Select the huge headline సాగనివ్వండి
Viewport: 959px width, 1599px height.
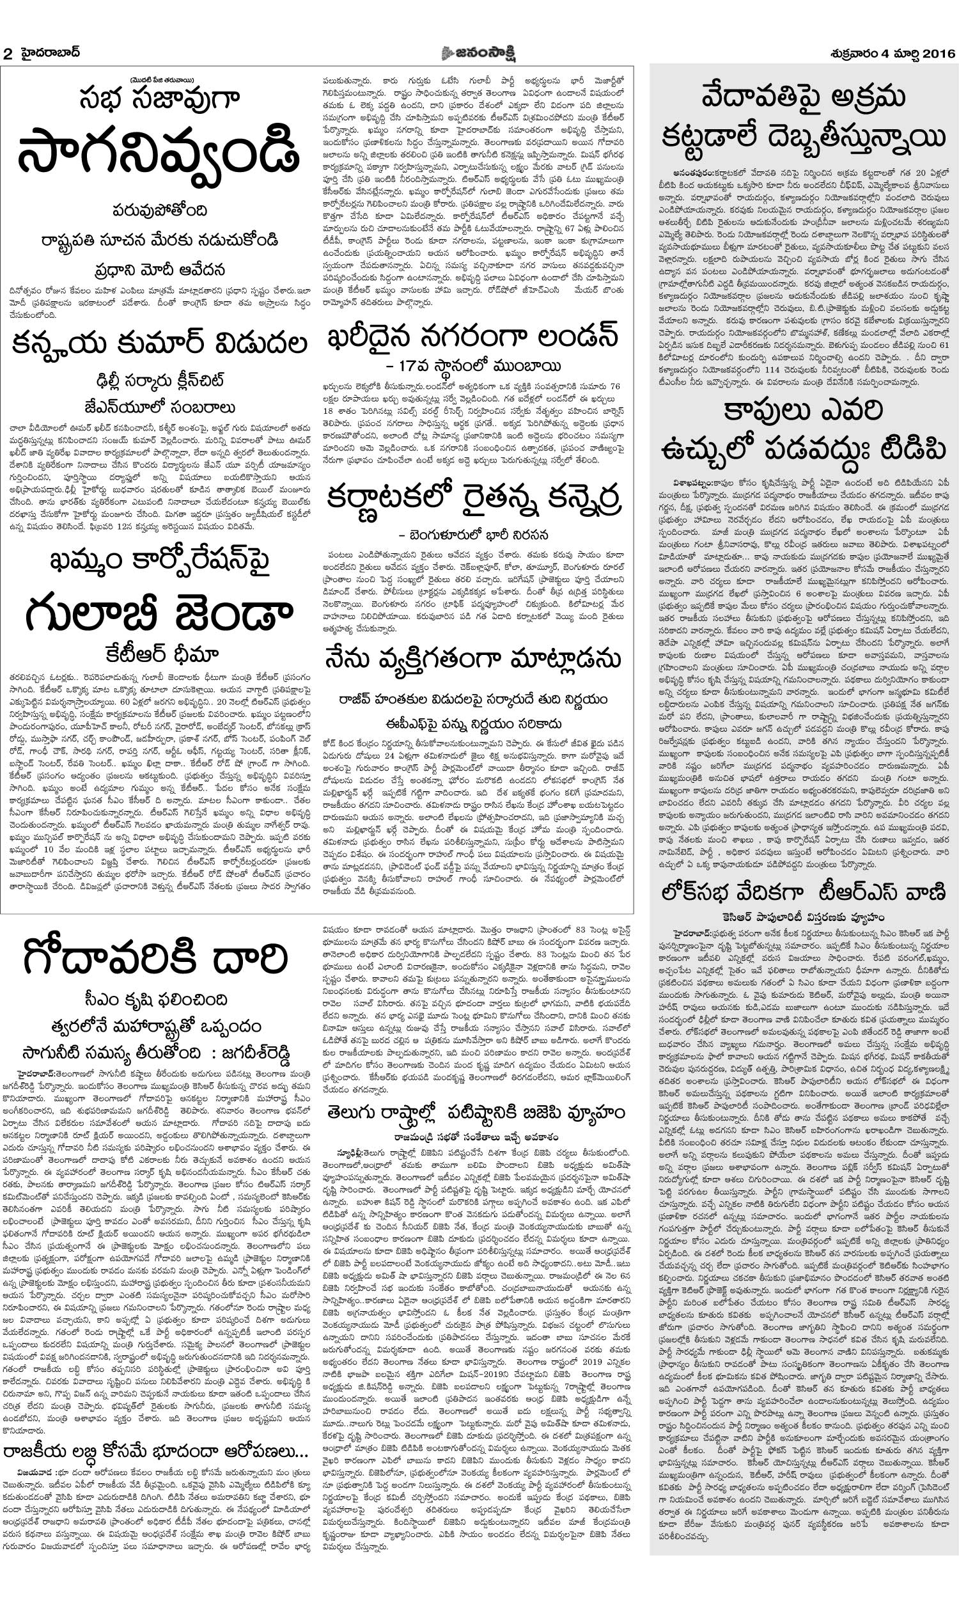coord(159,154)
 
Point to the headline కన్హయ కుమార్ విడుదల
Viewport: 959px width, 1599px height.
coord(159,343)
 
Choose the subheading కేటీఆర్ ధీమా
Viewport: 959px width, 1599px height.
coord(159,655)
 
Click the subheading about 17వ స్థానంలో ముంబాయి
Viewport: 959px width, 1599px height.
coord(472,366)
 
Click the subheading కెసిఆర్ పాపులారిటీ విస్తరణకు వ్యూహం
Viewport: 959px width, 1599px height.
coord(803,917)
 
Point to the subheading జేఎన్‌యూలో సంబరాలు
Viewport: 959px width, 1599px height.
coord(159,408)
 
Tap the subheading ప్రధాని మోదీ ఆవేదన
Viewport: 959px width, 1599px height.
coord(159,269)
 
